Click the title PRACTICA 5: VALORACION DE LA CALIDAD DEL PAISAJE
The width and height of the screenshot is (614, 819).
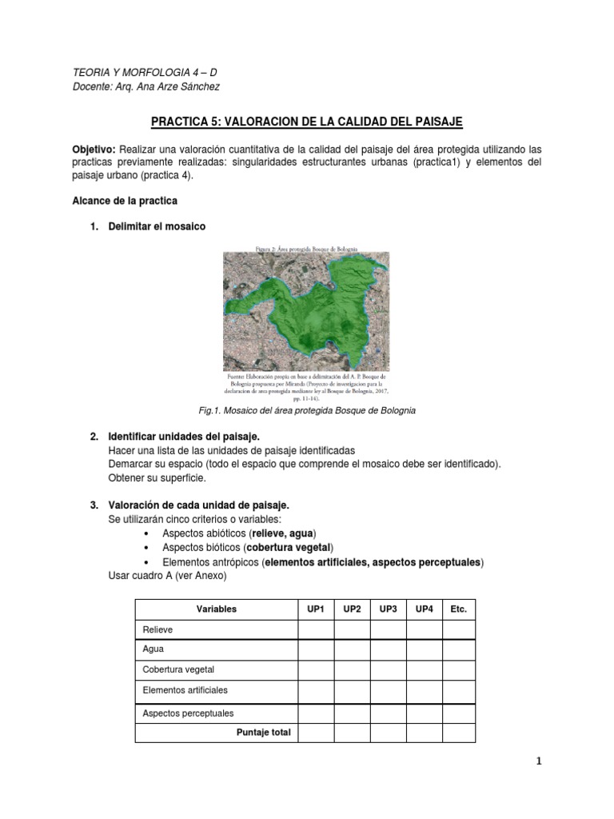click(307, 121)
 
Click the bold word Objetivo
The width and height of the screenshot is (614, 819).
click(94, 150)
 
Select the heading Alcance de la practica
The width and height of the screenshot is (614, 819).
click(125, 200)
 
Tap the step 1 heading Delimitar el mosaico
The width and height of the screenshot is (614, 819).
click(157, 226)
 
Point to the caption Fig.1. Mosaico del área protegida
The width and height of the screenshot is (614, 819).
click(307, 410)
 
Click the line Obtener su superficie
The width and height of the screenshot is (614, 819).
click(157, 477)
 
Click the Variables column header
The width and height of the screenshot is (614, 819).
click(216, 609)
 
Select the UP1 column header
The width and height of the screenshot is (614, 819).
click(315, 609)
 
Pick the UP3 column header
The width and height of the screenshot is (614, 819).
click(388, 609)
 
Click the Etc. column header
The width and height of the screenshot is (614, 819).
click(458, 609)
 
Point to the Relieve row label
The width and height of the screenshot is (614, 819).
click(157, 629)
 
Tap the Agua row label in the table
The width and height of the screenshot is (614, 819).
click(153, 649)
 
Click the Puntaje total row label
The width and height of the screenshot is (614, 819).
click(263, 732)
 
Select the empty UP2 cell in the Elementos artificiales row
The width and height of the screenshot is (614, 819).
click(352, 689)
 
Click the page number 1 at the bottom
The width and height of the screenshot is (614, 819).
click(539, 761)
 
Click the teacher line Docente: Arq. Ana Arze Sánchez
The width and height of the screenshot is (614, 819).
click(146, 86)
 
